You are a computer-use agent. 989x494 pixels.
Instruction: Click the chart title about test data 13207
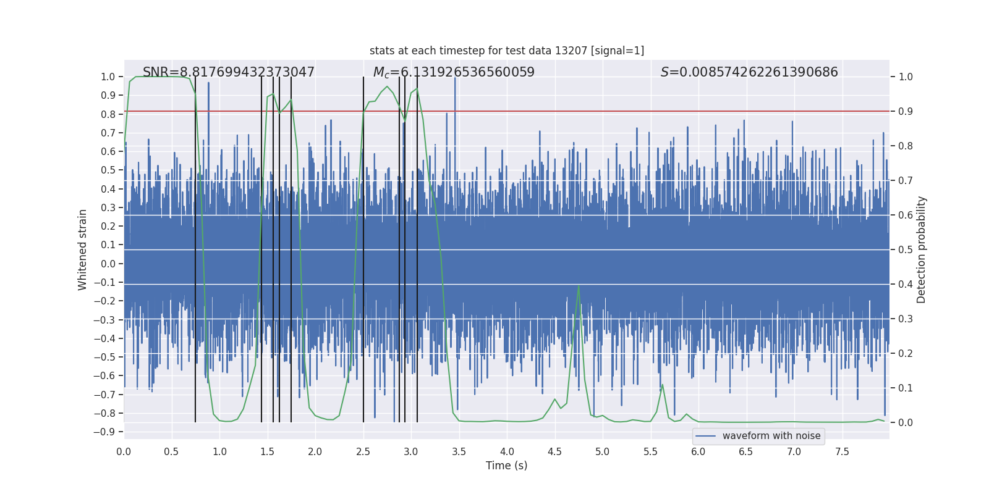(x=507, y=51)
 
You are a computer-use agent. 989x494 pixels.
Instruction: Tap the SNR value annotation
(x=229, y=72)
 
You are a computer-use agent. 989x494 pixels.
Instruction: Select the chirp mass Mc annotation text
(x=454, y=72)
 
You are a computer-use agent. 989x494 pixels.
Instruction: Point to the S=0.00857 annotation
(x=749, y=72)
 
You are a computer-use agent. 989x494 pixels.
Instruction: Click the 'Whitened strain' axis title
(x=83, y=249)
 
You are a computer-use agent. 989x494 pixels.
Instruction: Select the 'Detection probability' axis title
(x=922, y=249)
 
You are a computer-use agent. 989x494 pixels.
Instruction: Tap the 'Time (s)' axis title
(x=507, y=466)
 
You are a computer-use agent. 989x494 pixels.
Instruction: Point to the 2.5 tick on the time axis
(x=363, y=451)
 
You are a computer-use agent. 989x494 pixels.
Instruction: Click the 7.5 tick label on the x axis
(x=842, y=451)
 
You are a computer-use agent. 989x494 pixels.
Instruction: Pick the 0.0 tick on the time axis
(x=124, y=451)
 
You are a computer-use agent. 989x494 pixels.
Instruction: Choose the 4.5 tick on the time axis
(x=555, y=451)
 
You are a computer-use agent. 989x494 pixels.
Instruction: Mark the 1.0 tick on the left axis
(x=108, y=77)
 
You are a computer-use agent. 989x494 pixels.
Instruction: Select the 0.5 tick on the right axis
(x=906, y=249)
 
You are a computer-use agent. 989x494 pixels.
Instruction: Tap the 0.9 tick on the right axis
(x=906, y=111)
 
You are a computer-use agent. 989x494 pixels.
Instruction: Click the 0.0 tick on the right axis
(x=906, y=422)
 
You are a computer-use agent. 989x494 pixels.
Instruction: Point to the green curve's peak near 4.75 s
(x=579, y=286)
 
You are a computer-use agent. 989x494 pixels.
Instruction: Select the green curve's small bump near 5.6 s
(x=662, y=385)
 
